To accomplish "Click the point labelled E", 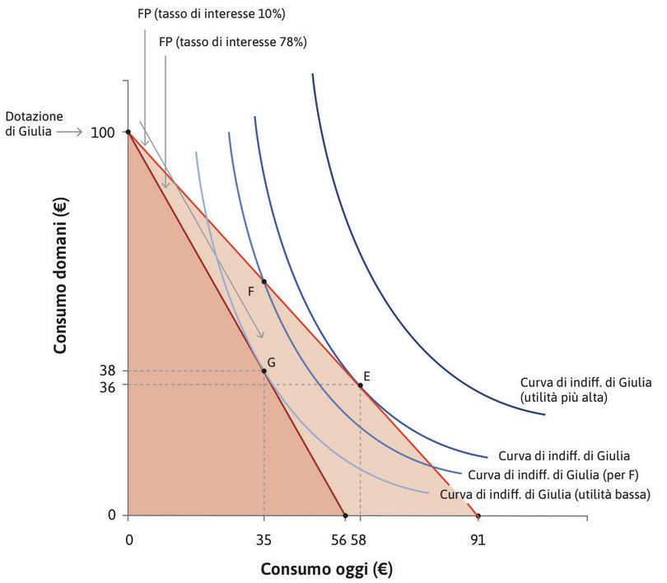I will click(x=361, y=385).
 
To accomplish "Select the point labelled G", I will click(x=264, y=371).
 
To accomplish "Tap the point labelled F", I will click(x=264, y=282).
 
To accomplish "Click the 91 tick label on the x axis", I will click(x=478, y=540).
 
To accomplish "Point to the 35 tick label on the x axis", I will click(x=264, y=540).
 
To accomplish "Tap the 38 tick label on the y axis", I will click(x=107, y=371).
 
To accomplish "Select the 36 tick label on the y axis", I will click(x=107, y=385).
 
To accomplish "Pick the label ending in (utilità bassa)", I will click(x=546, y=495).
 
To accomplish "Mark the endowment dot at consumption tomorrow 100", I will click(x=128, y=132).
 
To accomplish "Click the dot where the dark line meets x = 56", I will click(x=345, y=516).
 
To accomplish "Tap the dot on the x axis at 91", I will click(x=478, y=516).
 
